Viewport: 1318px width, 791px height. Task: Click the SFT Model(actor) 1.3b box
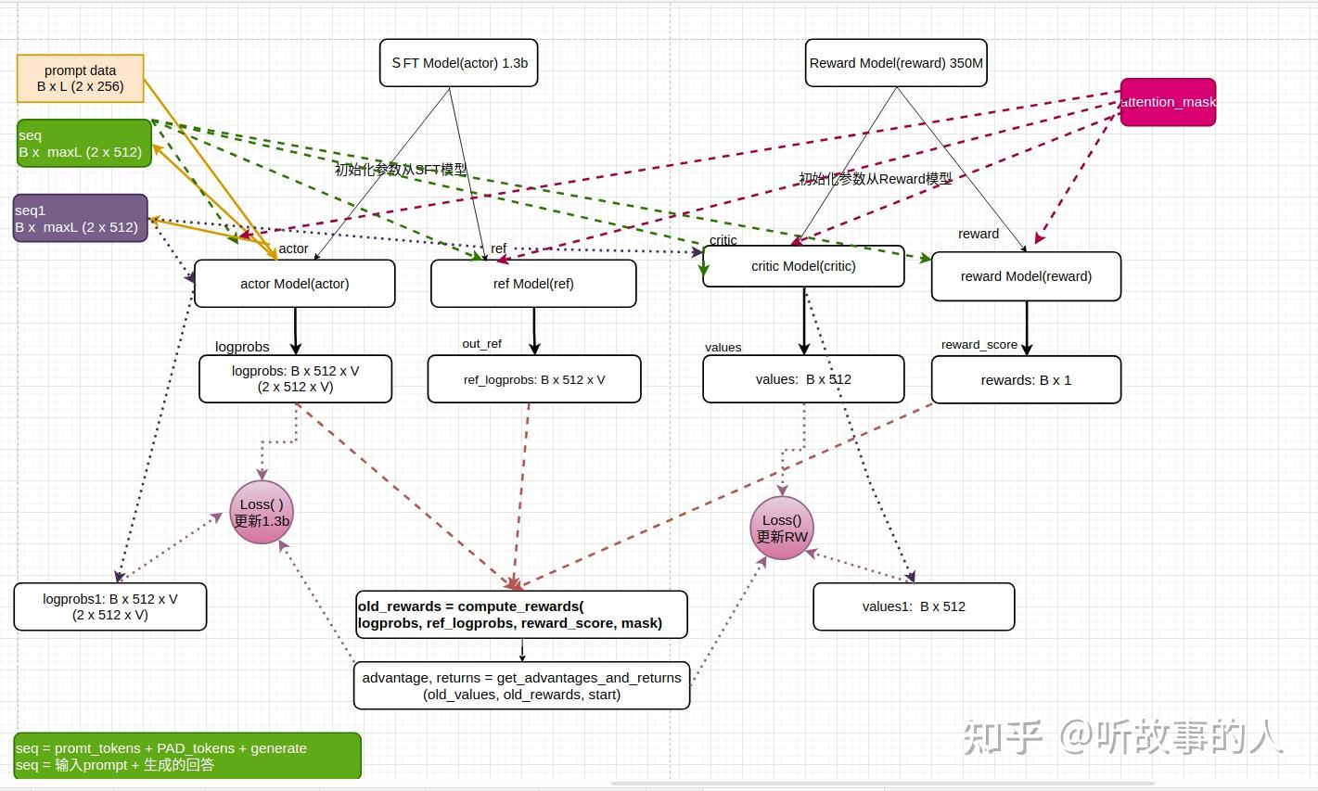click(x=458, y=63)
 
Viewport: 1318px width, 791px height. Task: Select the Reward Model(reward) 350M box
click(x=896, y=63)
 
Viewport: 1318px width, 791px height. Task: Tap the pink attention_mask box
click(x=1168, y=102)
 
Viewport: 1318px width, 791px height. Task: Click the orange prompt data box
click(x=81, y=78)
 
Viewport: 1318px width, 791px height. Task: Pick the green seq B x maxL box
click(x=83, y=144)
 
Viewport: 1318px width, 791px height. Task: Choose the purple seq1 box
click(x=80, y=219)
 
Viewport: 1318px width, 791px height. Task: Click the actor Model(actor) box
click(x=294, y=284)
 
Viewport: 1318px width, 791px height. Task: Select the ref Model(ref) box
click(x=533, y=284)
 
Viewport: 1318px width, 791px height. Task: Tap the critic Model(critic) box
click(x=803, y=266)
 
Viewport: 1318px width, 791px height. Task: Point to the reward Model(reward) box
click(x=1026, y=276)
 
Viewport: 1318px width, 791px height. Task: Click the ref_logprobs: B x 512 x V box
click(x=534, y=379)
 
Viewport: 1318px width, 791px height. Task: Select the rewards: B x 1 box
click(x=1026, y=380)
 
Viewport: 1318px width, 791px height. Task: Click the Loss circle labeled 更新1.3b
click(x=262, y=513)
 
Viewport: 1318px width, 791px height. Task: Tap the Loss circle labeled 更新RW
click(x=782, y=529)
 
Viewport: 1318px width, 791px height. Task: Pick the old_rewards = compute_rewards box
click(x=521, y=615)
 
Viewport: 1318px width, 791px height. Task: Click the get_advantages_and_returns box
click(x=521, y=685)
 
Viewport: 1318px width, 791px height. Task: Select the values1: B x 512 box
click(x=914, y=606)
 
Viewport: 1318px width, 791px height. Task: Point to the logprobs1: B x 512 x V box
click(x=109, y=607)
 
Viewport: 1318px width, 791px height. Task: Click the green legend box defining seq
click(x=187, y=756)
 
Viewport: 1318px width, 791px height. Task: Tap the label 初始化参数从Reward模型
click(x=876, y=179)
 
